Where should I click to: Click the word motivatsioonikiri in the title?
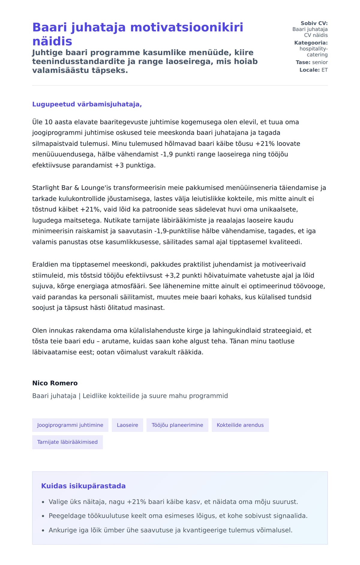[x=187, y=27]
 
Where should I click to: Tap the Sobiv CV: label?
[x=314, y=23]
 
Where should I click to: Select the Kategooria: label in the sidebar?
[x=311, y=43]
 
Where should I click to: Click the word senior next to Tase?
[x=320, y=62]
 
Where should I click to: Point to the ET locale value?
[x=325, y=70]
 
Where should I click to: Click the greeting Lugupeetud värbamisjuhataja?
[x=87, y=104]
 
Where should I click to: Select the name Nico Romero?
[x=55, y=383]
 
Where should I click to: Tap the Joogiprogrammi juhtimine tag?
[x=70, y=425]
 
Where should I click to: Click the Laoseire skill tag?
[x=127, y=425]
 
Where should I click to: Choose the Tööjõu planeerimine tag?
[x=177, y=425]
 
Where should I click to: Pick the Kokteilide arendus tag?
[x=240, y=425]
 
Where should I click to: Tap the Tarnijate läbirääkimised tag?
[x=67, y=442]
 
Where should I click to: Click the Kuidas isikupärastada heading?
[x=83, y=486]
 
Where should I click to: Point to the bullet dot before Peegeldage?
[x=43, y=516]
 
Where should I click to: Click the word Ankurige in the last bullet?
[x=63, y=530]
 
